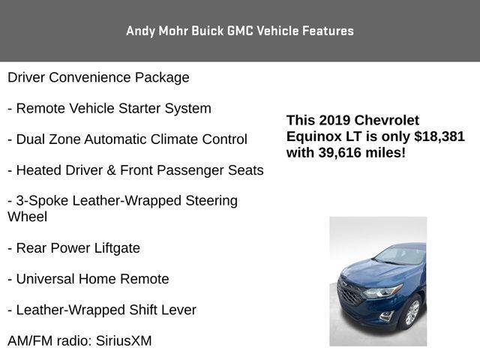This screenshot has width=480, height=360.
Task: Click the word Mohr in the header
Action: [173, 31]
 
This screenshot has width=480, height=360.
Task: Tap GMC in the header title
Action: [241, 31]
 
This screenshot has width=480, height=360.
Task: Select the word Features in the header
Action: [328, 31]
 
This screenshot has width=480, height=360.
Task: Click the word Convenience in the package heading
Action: [90, 77]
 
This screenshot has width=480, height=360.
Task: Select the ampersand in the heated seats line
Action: [111, 170]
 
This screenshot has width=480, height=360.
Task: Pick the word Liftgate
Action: [117, 248]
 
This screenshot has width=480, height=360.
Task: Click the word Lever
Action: [178, 310]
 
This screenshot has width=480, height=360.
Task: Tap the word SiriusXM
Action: [124, 340]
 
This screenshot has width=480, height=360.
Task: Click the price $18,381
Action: [439, 136]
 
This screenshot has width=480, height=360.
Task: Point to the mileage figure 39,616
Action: [340, 153]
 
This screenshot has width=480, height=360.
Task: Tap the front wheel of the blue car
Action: [412, 312]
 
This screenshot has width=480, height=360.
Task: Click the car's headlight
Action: [382, 291]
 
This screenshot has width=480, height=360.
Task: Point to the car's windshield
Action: [401, 256]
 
